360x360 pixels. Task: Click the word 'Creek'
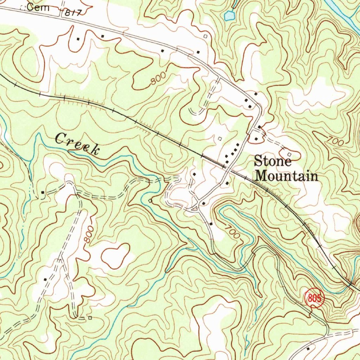click(77, 144)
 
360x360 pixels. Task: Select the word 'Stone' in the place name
click(273, 162)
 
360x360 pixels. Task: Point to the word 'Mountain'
click(287, 175)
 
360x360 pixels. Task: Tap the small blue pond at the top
click(229, 15)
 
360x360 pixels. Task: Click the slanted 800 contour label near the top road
click(157, 81)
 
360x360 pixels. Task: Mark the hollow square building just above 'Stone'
click(289, 154)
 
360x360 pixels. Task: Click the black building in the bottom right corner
click(308, 349)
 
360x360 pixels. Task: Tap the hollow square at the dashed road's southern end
click(90, 318)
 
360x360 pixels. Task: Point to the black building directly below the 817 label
click(78, 39)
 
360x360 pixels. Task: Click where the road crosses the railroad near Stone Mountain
click(225, 166)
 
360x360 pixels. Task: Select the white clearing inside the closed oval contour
click(114, 255)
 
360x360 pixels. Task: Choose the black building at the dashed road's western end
click(43, 192)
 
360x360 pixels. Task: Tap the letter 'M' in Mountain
click(262, 175)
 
